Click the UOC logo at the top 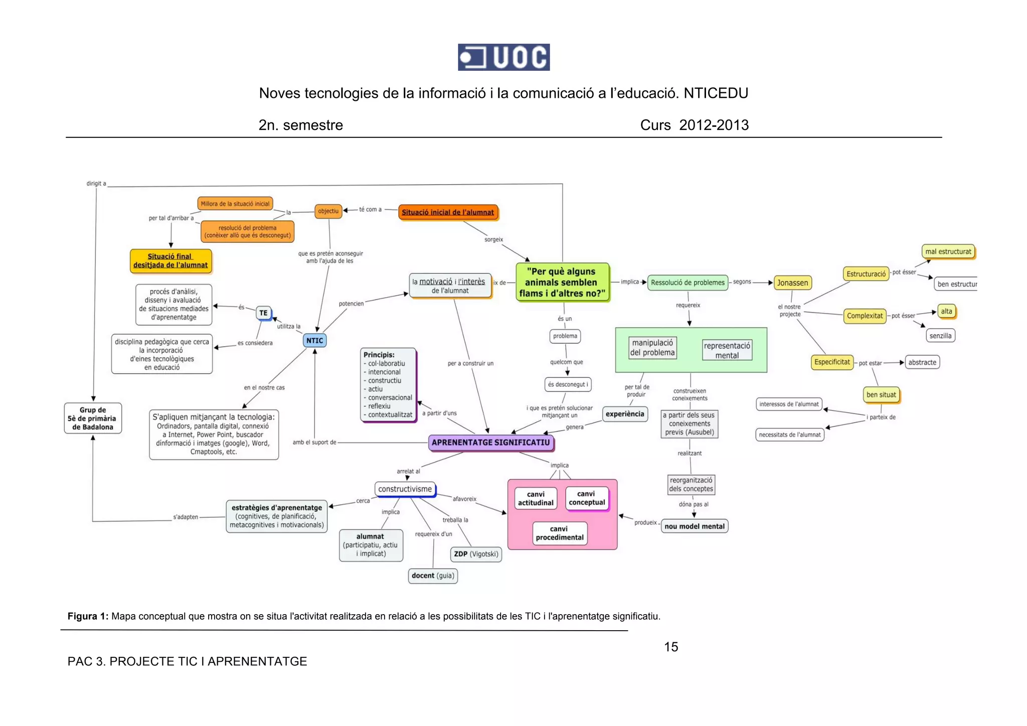pyautogui.click(x=503, y=57)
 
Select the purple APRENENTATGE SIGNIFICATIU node pyautogui.click(x=491, y=443)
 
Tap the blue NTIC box pyautogui.click(x=314, y=341)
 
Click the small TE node pyautogui.click(x=263, y=313)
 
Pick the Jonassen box pyautogui.click(x=792, y=283)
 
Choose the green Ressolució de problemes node pyautogui.click(x=688, y=282)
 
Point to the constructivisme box pyautogui.click(x=405, y=489)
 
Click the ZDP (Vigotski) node pyautogui.click(x=476, y=554)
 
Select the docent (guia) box pyautogui.click(x=433, y=575)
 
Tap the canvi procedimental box pyautogui.click(x=559, y=533)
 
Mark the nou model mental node pyautogui.click(x=695, y=526)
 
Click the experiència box pyautogui.click(x=625, y=414)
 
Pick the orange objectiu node pyautogui.click(x=328, y=211)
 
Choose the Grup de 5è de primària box pyautogui.click(x=93, y=418)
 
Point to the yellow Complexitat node pyautogui.click(x=865, y=316)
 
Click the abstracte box pyautogui.click(x=922, y=362)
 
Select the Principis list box pyautogui.click(x=388, y=384)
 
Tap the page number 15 pyautogui.click(x=671, y=647)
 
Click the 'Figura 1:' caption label pyautogui.click(x=88, y=616)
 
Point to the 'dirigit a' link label pyautogui.click(x=96, y=184)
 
